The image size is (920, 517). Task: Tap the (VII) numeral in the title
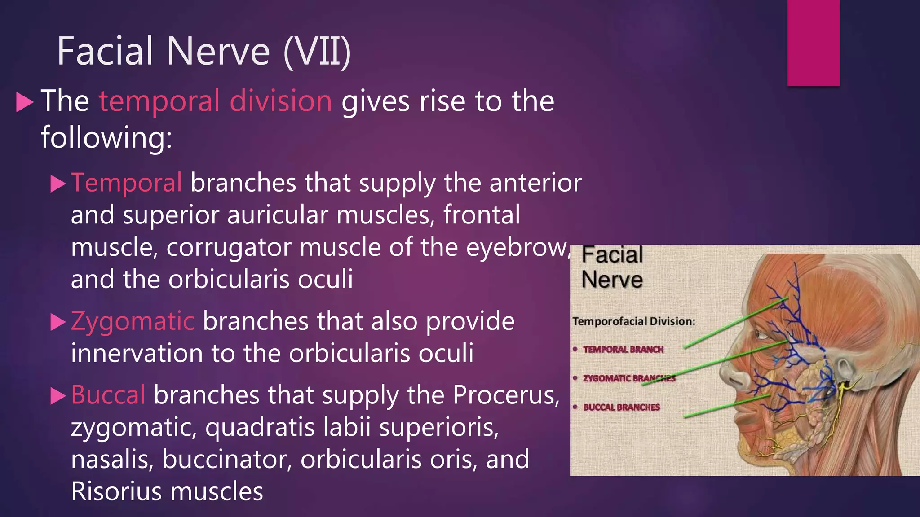pyautogui.click(x=317, y=52)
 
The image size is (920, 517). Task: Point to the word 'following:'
pyautogui.click(x=106, y=137)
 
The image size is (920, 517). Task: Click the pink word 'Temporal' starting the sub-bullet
pyautogui.click(x=126, y=183)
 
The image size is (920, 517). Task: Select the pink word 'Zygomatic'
pyautogui.click(x=133, y=321)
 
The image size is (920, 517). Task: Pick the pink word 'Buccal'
pyautogui.click(x=108, y=395)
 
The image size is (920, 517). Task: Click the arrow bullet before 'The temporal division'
pyautogui.click(x=25, y=102)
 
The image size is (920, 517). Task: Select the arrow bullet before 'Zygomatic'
pyautogui.click(x=58, y=322)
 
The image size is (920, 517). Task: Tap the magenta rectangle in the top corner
pyautogui.click(x=813, y=43)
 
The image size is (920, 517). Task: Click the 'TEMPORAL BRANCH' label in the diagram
pyautogui.click(x=623, y=349)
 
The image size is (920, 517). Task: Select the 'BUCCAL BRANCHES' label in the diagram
pyautogui.click(x=621, y=407)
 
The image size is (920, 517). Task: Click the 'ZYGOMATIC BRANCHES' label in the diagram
pyautogui.click(x=629, y=378)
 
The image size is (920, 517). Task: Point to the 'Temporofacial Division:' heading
pyautogui.click(x=633, y=321)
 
